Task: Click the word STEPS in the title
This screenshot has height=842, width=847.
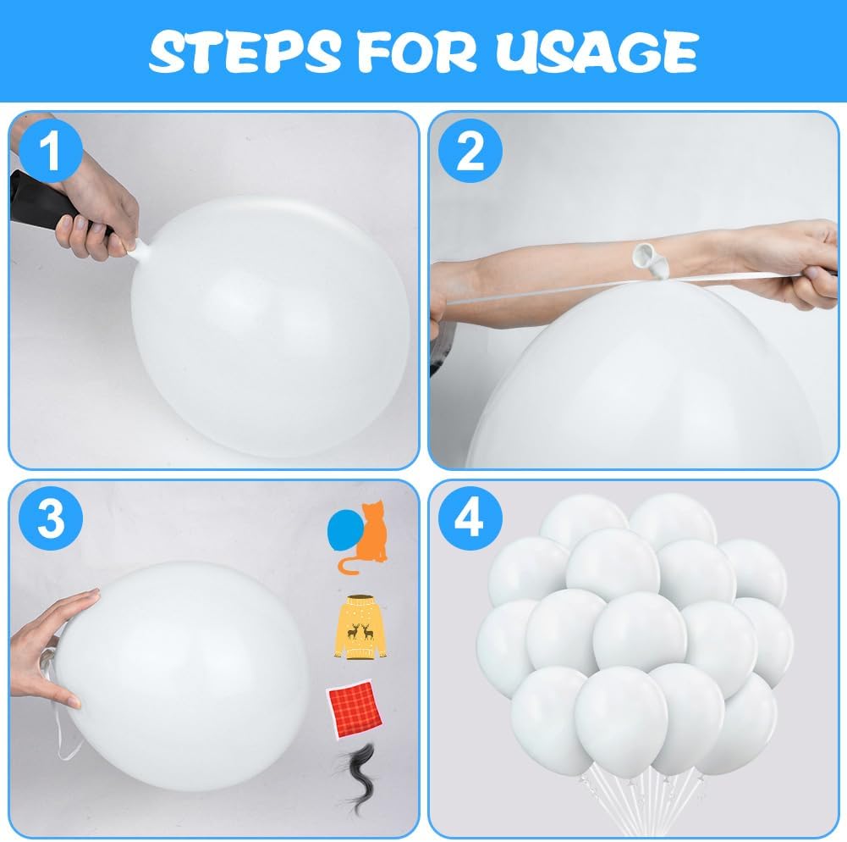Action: coord(245,52)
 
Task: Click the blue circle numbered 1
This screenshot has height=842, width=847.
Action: coord(50,151)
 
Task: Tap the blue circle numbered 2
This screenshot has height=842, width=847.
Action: coord(470,151)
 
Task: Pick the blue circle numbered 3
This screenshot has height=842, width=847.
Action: coord(50,518)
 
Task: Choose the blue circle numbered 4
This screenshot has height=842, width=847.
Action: coord(470,518)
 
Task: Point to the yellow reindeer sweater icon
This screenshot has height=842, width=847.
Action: coord(360,628)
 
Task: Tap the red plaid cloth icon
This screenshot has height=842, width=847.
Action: coord(355,710)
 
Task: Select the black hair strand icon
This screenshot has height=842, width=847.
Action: coord(358,778)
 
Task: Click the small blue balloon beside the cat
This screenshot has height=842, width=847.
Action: coord(344,530)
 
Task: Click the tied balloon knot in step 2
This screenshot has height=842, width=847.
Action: coord(651,259)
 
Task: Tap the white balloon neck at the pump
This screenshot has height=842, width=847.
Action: coord(138,251)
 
